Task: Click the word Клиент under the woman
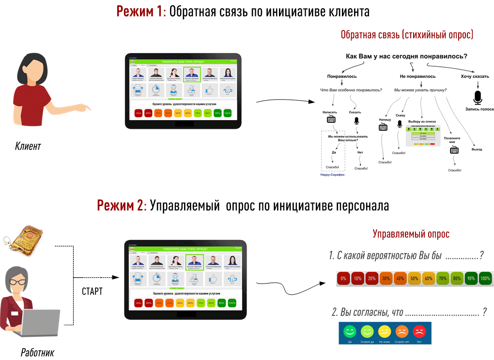point(28,146)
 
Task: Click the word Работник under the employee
point(37,352)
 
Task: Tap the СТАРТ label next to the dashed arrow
point(92,292)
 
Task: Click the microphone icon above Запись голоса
point(478,97)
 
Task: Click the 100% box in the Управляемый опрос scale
point(484,279)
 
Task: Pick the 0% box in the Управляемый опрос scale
point(343,279)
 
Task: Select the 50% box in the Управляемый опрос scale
point(414,279)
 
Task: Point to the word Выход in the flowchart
point(477,149)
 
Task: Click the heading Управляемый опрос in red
point(411,234)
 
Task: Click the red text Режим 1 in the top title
point(140,12)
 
